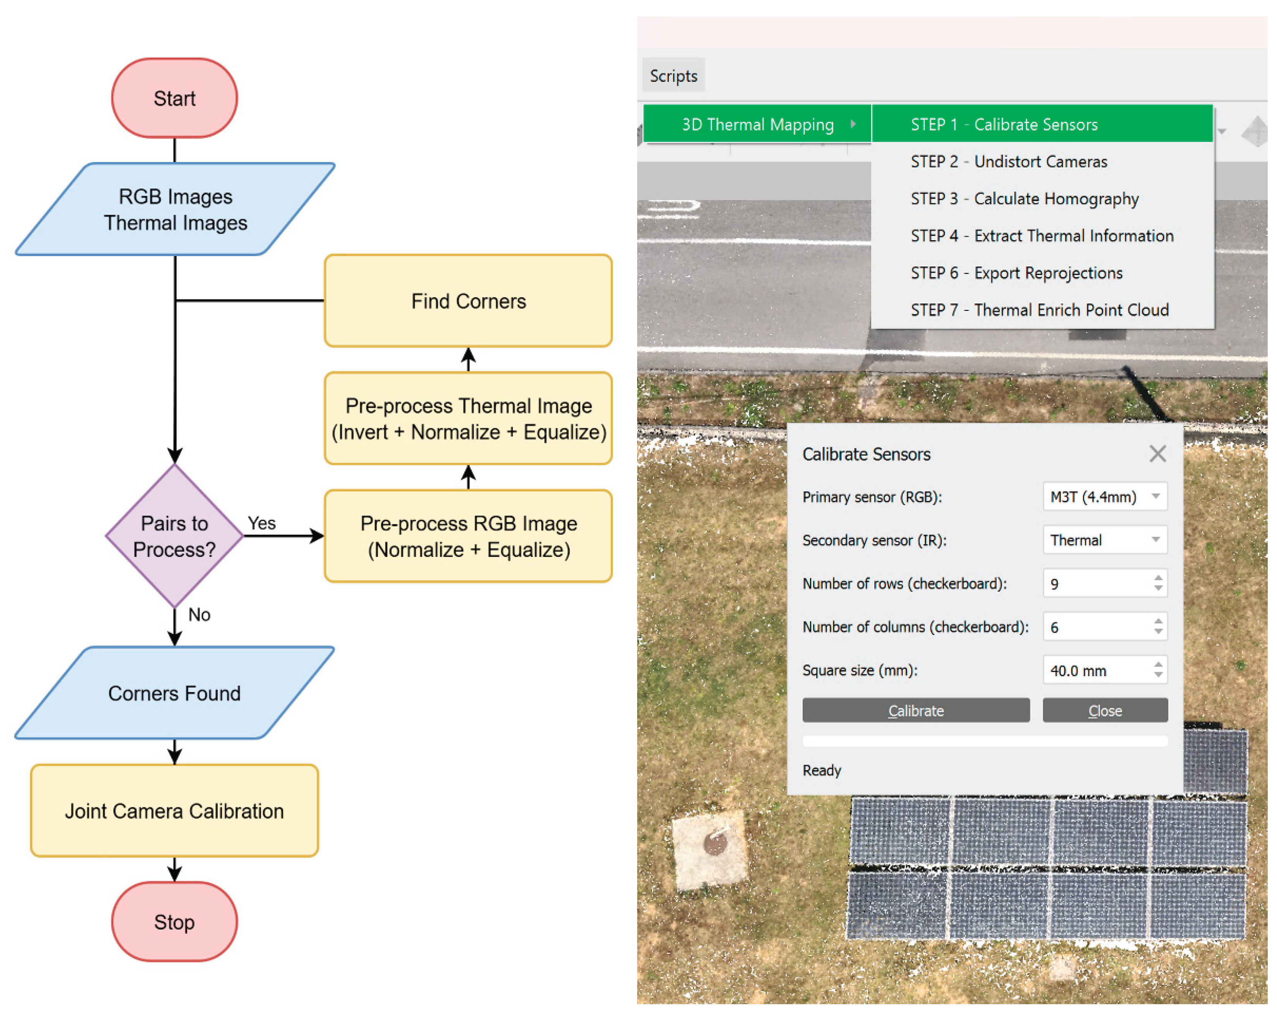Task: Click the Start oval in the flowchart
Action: (174, 98)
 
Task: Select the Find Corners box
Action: (468, 301)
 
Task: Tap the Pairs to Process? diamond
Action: (174, 536)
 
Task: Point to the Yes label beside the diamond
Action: (261, 523)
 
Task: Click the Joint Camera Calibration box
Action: (174, 811)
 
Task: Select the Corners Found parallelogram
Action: (174, 693)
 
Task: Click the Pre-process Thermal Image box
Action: (468, 418)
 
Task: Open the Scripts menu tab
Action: (673, 76)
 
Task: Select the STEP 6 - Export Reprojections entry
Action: (1016, 273)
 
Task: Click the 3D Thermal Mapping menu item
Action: (757, 125)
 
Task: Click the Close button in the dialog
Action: (1105, 711)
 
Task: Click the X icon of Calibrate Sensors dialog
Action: (1158, 454)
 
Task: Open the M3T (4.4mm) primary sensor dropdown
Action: (1105, 497)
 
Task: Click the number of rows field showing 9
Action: (1096, 584)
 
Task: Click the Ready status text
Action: (822, 770)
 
